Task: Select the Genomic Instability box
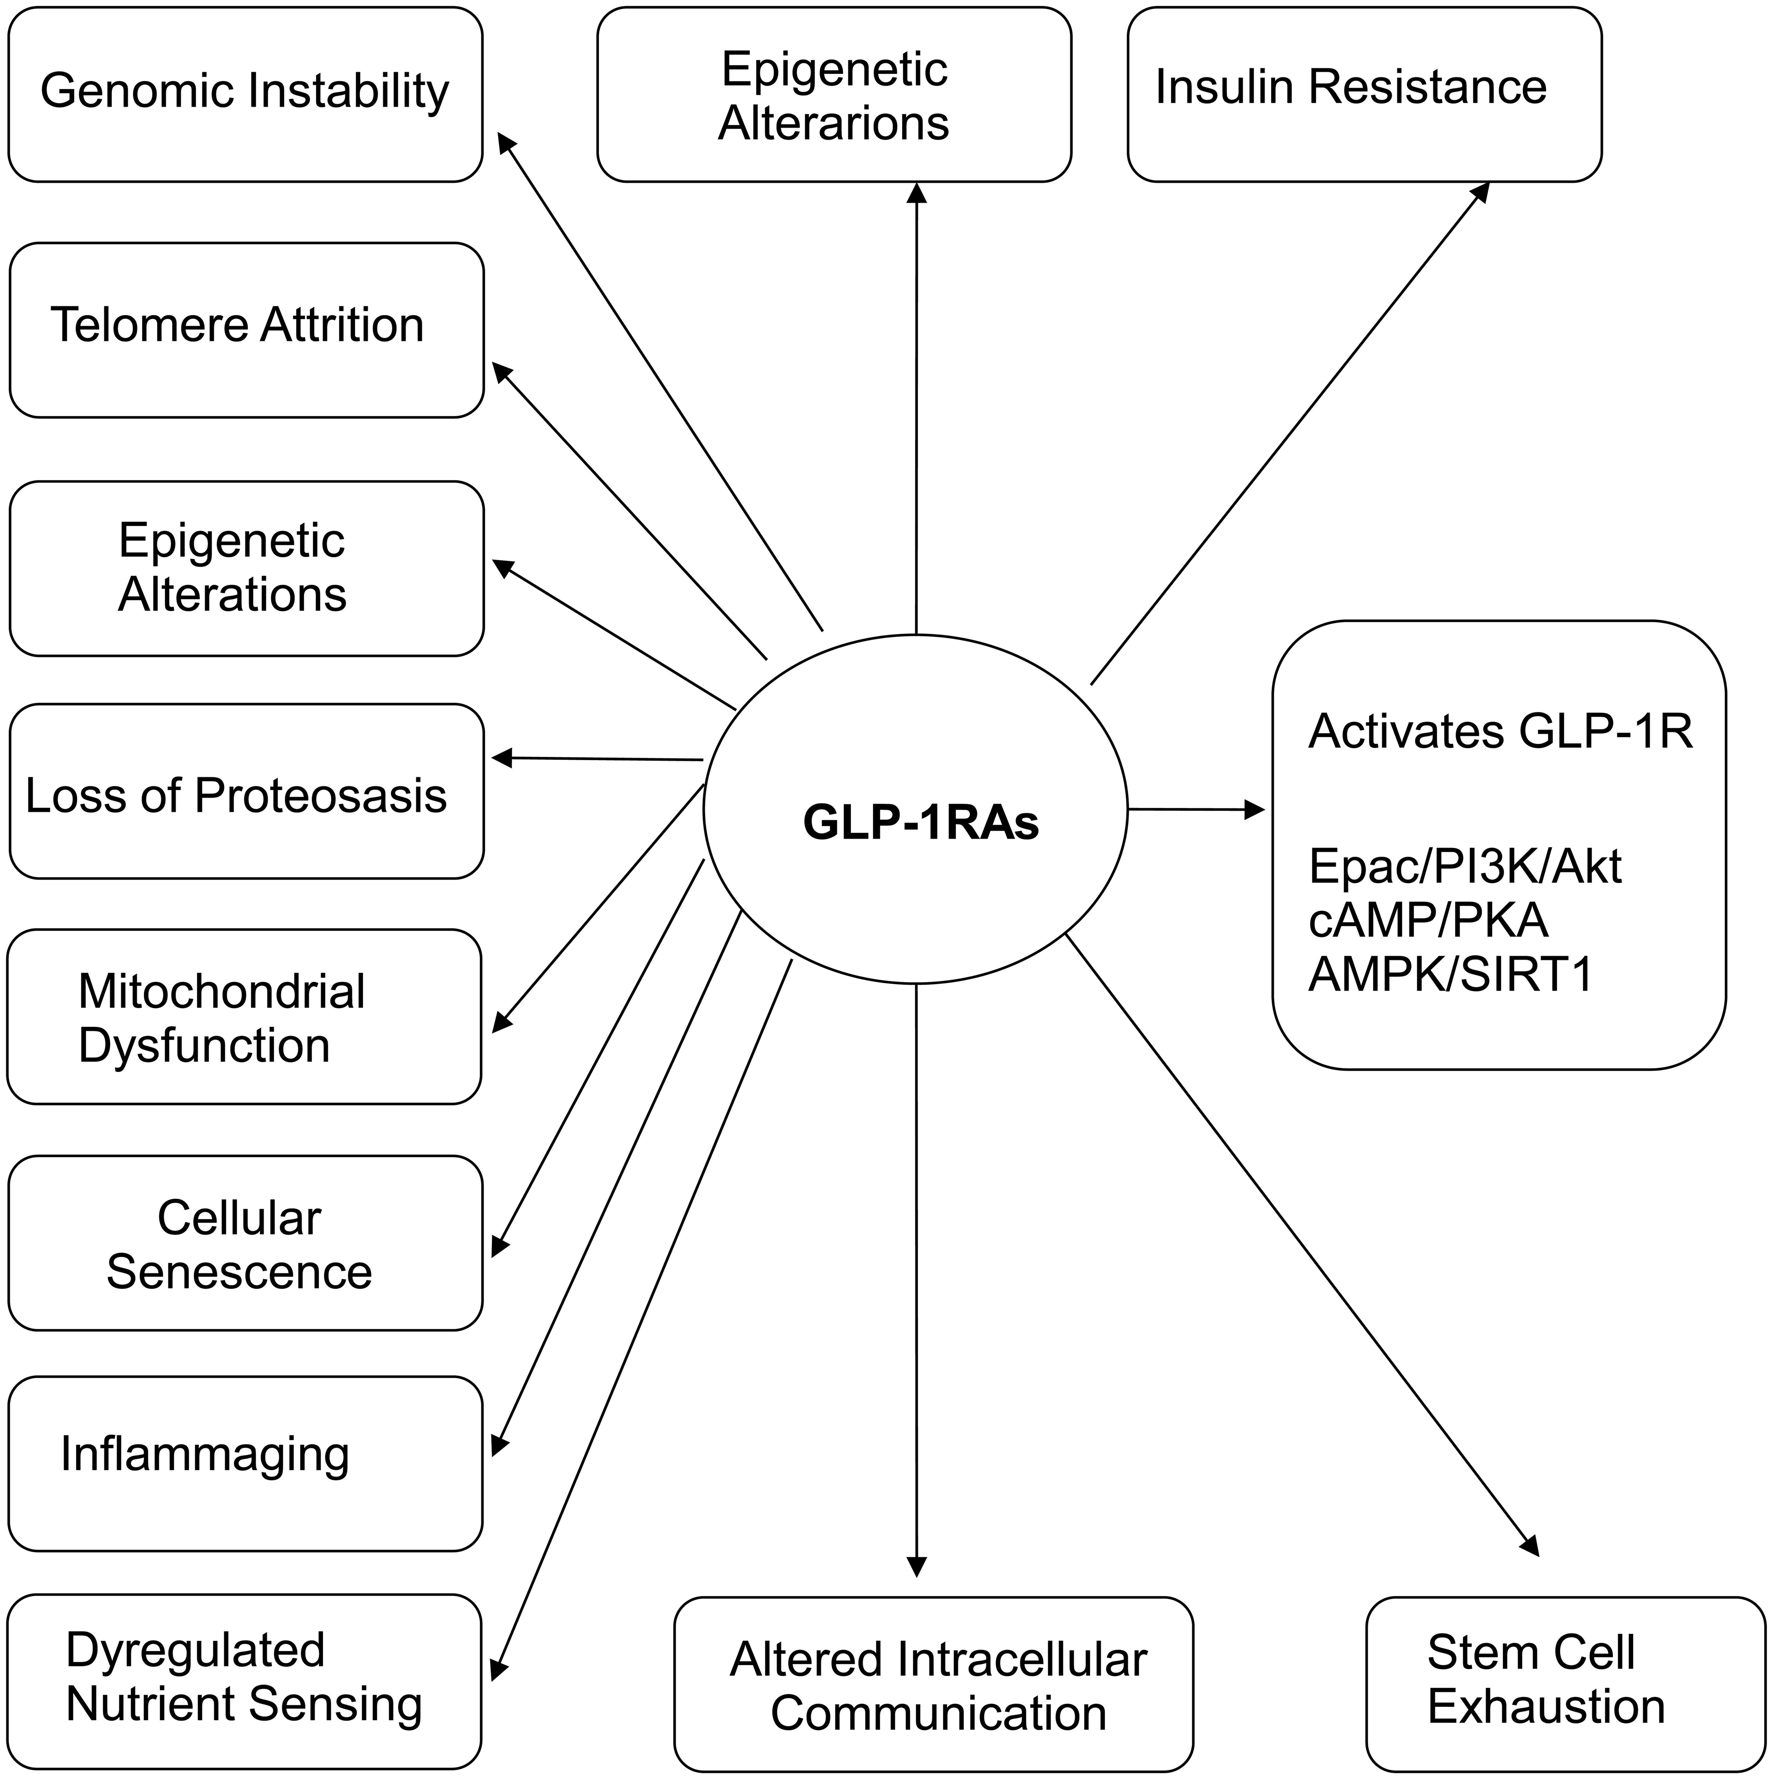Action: click(245, 94)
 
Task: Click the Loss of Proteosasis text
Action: click(236, 795)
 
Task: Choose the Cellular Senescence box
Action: click(245, 1243)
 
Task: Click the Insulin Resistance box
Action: click(1364, 94)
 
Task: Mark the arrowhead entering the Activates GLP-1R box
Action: click(1255, 810)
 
